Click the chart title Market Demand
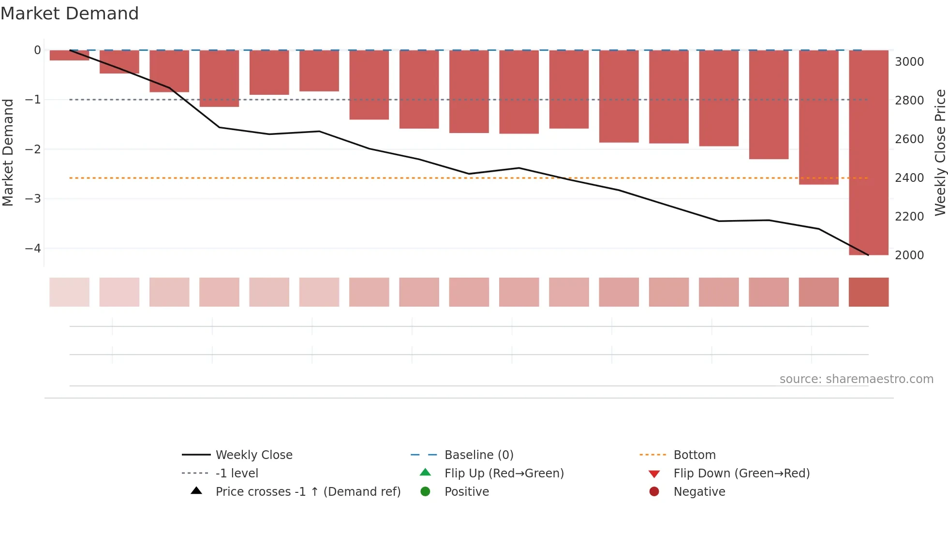70,14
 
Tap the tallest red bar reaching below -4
868,152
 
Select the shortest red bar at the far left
69,55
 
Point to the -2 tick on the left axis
33,149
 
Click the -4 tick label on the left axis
33,249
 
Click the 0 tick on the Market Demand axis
37,50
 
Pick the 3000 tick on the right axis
909,62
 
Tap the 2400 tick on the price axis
909,178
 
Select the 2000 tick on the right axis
909,255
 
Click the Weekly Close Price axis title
940,152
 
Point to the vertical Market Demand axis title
8,152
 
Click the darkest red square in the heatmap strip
868,292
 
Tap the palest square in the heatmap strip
69,292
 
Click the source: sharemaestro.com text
856,379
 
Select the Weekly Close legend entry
254,455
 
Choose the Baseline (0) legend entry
479,455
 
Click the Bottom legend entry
695,455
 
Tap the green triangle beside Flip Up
425,473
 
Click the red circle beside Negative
654,492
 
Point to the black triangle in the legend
196,491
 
